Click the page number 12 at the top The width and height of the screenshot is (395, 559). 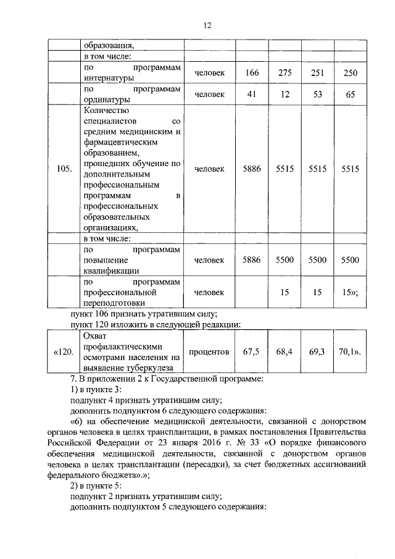[x=207, y=25]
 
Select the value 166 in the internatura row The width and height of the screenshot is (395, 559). [x=251, y=74]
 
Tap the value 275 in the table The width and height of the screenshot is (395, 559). [x=285, y=74]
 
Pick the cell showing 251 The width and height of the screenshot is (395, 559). [x=317, y=74]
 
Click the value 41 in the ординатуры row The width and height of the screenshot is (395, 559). [x=251, y=94]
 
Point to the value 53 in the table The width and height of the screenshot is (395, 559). [x=317, y=94]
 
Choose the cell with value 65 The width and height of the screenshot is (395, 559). [x=351, y=94]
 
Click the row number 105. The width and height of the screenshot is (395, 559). [x=64, y=169]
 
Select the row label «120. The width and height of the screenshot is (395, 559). [x=64, y=352]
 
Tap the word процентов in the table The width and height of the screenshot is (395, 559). [x=209, y=352]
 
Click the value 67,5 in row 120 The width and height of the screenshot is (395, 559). [x=251, y=352]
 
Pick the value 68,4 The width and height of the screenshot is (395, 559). [x=285, y=352]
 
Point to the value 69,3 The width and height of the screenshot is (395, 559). [x=317, y=352]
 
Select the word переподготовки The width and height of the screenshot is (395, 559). [x=114, y=303]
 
